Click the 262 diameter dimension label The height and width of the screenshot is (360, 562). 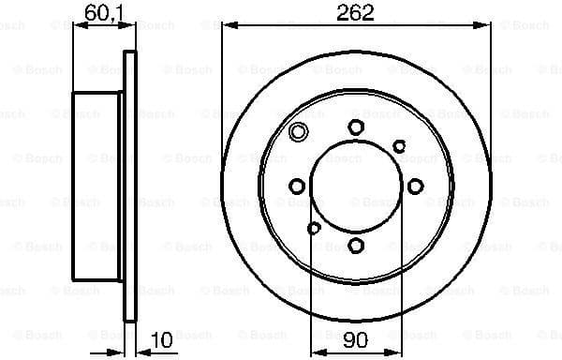pyautogui.click(x=356, y=12)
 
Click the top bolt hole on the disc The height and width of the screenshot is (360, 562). pyautogui.click(x=356, y=127)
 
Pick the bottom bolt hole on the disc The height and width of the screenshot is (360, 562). pyautogui.click(x=356, y=246)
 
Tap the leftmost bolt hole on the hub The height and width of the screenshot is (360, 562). pyautogui.click(x=297, y=187)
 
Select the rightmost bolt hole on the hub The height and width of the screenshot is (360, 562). pyautogui.click(x=416, y=187)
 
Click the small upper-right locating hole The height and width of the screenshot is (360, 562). pyautogui.click(x=399, y=145)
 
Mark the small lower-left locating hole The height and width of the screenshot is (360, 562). pyautogui.click(x=314, y=228)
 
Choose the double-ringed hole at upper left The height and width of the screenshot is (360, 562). pyautogui.click(x=299, y=132)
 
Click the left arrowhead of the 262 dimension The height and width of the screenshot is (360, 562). pyautogui.click(x=228, y=24)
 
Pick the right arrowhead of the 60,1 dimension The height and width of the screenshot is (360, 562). pyautogui.click(x=130, y=25)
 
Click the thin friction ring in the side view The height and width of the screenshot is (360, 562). pyautogui.click(x=130, y=187)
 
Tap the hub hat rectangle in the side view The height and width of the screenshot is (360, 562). pyautogui.click(x=98, y=187)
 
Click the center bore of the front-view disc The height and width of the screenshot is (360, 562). pyautogui.click(x=356, y=187)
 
